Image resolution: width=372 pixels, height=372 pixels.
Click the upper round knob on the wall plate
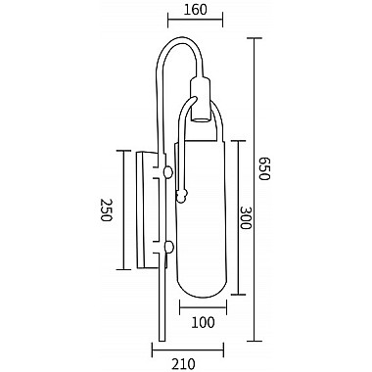click(x=169, y=172)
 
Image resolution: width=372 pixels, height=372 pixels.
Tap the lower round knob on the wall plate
click(x=169, y=246)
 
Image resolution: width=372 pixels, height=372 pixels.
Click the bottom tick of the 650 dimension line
click(x=256, y=341)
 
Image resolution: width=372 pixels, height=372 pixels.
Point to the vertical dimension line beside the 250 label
click(x=121, y=210)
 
